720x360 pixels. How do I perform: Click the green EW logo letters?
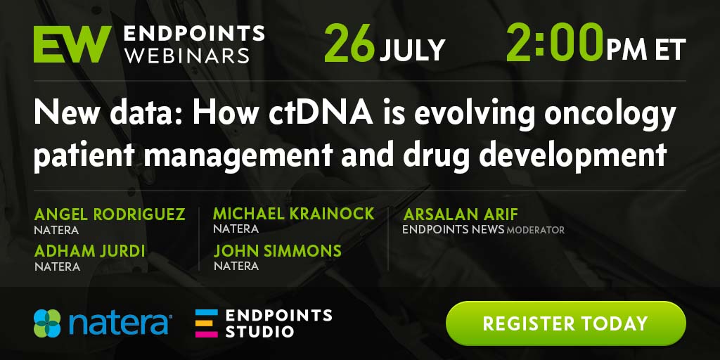(72, 44)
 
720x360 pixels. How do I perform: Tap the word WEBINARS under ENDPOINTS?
(187, 56)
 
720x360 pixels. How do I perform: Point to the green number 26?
(350, 44)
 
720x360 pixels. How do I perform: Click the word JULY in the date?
(412, 50)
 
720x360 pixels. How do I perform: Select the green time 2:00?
(555, 43)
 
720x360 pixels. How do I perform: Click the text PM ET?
(646, 49)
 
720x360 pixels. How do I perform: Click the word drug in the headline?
(435, 155)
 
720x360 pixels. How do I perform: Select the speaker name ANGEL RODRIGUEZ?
(110, 214)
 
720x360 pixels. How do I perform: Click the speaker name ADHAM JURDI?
(89, 251)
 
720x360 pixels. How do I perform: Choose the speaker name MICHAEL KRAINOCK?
(294, 214)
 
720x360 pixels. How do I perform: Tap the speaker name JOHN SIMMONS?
(277, 250)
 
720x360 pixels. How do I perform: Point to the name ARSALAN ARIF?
(460, 214)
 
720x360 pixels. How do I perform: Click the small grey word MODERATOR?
(535, 230)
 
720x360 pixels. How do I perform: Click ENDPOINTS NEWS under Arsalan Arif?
(454, 230)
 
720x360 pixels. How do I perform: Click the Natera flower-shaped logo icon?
(47, 323)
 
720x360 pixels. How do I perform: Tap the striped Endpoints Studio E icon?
(207, 323)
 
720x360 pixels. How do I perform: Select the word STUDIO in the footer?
(259, 331)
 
